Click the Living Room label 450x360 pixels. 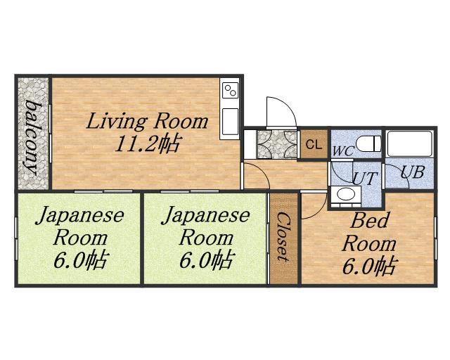(x=147, y=121)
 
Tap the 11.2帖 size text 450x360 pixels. (x=148, y=143)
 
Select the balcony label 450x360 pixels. (x=32, y=137)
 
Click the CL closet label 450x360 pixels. (x=314, y=145)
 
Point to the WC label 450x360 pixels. (x=344, y=151)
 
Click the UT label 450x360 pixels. (x=364, y=178)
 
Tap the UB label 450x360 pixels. (x=412, y=172)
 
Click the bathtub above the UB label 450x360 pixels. (x=409, y=143)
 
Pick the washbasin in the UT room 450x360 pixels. (x=345, y=196)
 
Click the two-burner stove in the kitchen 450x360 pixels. (x=231, y=91)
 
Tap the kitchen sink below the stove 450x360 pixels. (x=231, y=122)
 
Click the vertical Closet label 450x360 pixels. (x=283, y=236)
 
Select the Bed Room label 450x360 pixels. (x=369, y=232)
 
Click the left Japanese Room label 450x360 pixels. (x=79, y=227)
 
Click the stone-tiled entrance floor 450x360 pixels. (x=277, y=144)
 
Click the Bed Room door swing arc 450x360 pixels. (x=322, y=211)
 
